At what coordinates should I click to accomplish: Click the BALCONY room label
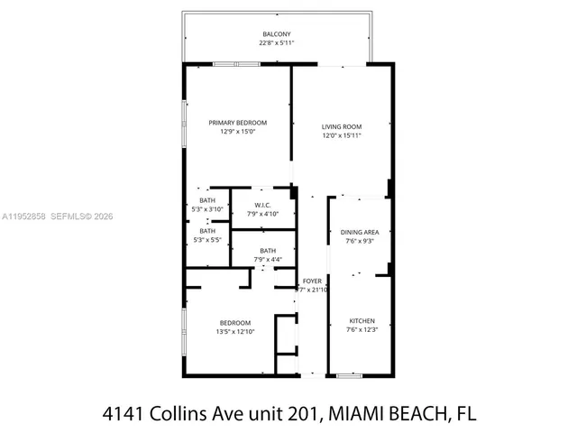click(x=277, y=33)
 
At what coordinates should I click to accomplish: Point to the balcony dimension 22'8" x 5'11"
click(x=277, y=42)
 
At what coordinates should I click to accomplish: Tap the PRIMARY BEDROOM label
click(x=238, y=123)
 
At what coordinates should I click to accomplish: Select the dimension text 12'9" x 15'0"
click(x=238, y=132)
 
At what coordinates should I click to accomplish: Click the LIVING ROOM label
click(x=342, y=126)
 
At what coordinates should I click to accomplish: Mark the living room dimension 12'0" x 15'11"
click(x=342, y=135)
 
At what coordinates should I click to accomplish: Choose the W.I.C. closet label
click(x=263, y=205)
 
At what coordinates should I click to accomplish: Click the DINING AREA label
click(x=360, y=233)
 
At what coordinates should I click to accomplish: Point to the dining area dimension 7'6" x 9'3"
click(x=360, y=242)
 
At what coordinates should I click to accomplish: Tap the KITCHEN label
click(x=362, y=320)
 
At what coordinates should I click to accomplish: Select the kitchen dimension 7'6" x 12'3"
click(x=362, y=329)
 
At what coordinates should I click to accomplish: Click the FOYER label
click(x=311, y=281)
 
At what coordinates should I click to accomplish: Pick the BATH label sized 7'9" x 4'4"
click(x=268, y=250)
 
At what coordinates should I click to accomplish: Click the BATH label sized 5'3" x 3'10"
click(x=207, y=200)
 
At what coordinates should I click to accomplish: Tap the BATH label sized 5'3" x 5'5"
click(x=207, y=231)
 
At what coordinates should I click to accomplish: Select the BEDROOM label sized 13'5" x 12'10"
click(x=235, y=322)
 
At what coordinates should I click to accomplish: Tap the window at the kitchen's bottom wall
click(x=350, y=375)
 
